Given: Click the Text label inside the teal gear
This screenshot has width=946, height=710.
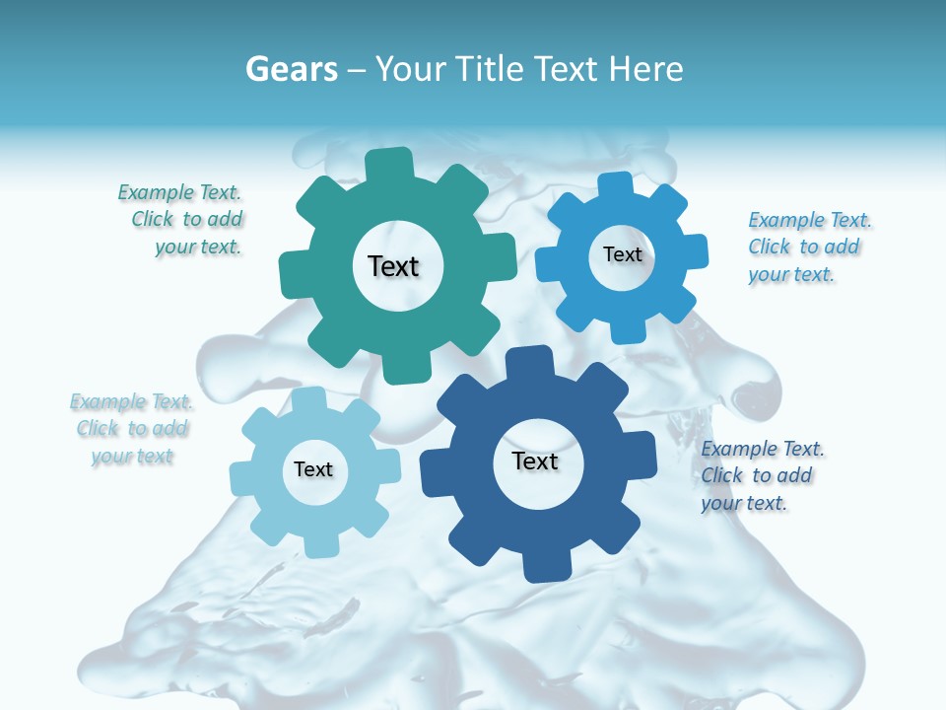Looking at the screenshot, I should click(393, 266).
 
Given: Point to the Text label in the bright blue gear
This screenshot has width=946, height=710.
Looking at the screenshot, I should click(623, 254).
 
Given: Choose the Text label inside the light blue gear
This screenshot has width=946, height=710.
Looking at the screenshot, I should click(313, 469).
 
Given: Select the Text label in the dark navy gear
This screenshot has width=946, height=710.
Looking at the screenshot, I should click(535, 461).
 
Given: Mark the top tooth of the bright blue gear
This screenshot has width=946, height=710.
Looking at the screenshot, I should click(615, 184).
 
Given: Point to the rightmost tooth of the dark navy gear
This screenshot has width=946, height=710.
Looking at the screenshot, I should click(642, 457).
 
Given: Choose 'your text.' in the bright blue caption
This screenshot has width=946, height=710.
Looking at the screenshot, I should click(790, 274).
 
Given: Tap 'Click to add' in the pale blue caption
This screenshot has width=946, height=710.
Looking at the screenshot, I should click(132, 428).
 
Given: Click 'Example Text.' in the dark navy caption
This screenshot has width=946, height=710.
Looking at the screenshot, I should click(763, 449).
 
